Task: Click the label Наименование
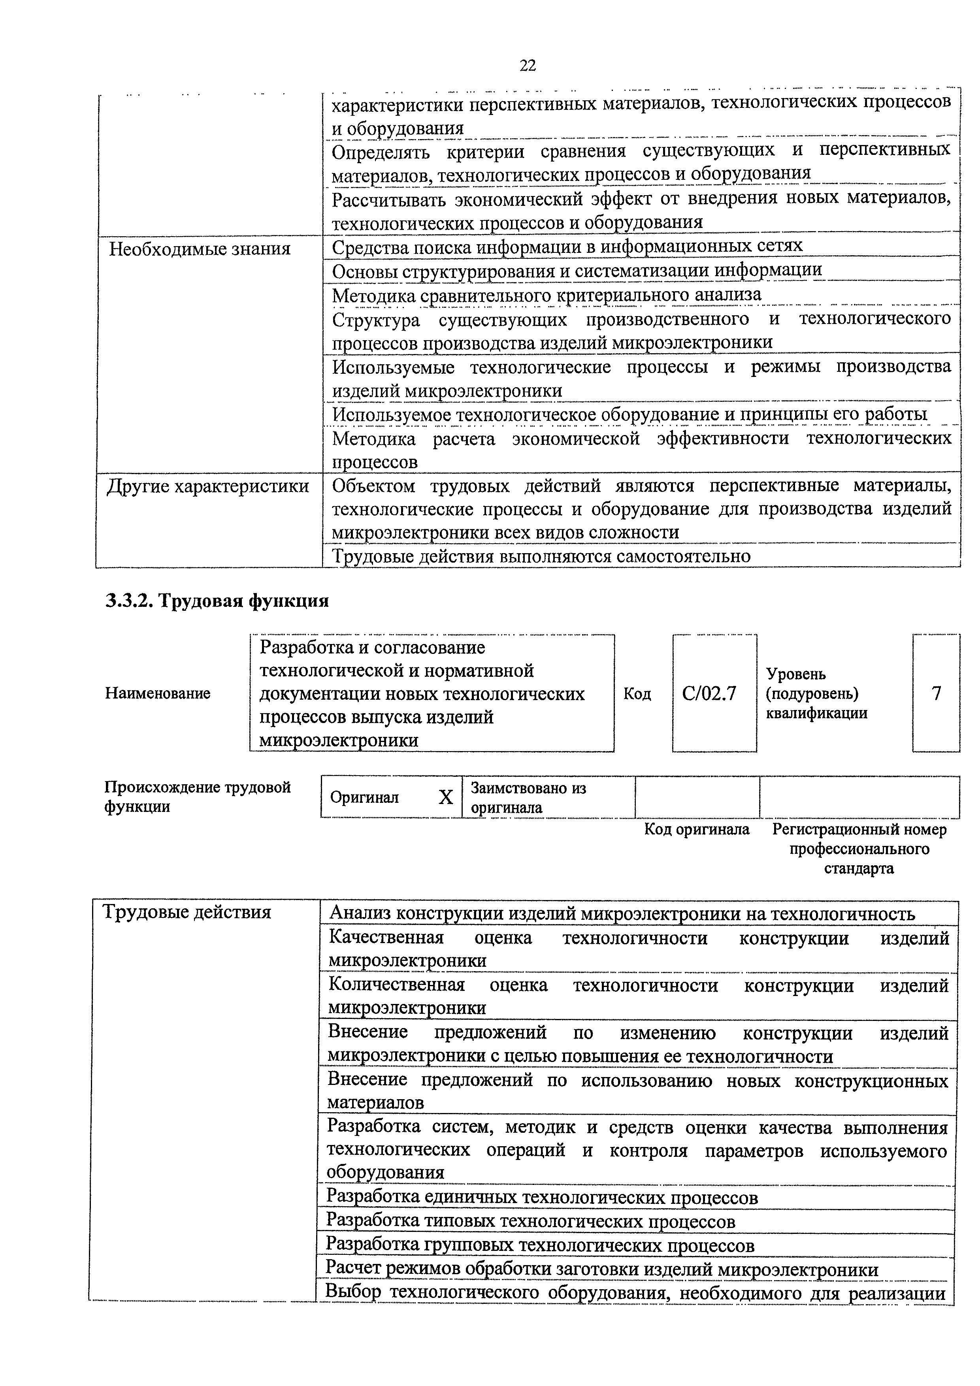pos(158,693)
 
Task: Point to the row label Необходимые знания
pos(199,249)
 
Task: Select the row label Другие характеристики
pos(208,486)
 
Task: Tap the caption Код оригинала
pos(696,829)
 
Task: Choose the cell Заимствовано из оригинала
pos(528,797)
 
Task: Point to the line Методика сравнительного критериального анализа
pos(547,295)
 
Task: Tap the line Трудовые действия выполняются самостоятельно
pos(541,556)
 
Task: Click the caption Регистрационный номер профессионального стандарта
pos(859,849)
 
